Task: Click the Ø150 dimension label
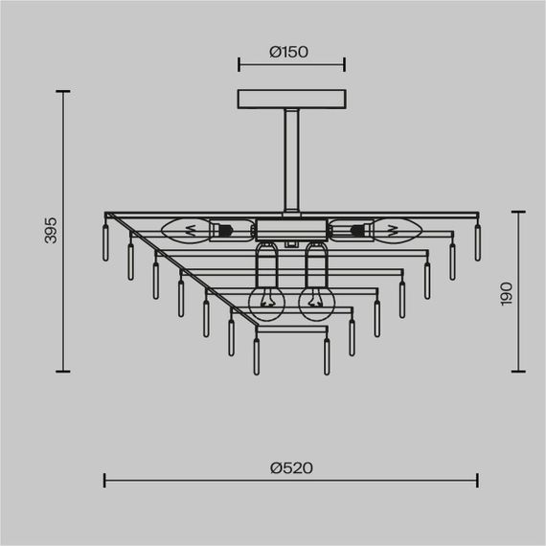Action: [x=289, y=53]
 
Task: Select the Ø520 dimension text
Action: [x=291, y=467]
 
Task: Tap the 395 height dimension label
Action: [x=53, y=230]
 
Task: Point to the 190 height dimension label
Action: [x=507, y=293]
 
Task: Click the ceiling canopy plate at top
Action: [x=291, y=100]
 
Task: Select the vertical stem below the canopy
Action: [x=291, y=158]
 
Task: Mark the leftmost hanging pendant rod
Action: [x=105, y=243]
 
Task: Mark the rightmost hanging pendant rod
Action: [x=477, y=243]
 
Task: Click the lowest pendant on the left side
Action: [x=256, y=356]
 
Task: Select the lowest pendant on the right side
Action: [x=327, y=356]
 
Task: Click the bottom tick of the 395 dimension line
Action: [x=64, y=372]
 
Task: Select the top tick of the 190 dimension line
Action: [x=518, y=212]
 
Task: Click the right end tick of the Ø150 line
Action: [x=345, y=65]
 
